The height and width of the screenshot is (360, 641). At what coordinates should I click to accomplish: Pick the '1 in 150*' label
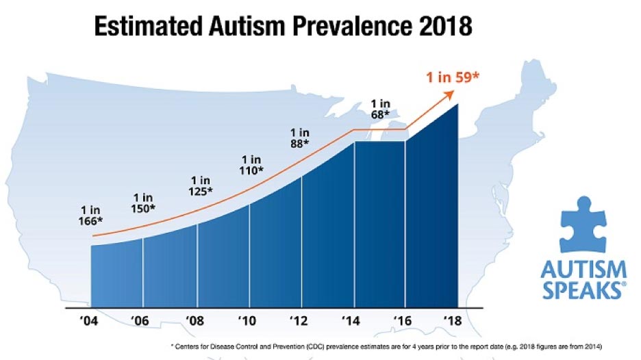coord(142,203)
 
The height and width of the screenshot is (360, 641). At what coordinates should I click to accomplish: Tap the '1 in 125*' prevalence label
coord(201,185)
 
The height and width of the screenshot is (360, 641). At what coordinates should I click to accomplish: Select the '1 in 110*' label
coord(252,164)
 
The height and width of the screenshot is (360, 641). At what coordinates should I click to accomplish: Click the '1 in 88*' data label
coord(299,137)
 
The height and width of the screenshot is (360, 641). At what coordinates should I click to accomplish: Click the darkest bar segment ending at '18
coord(431,219)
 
